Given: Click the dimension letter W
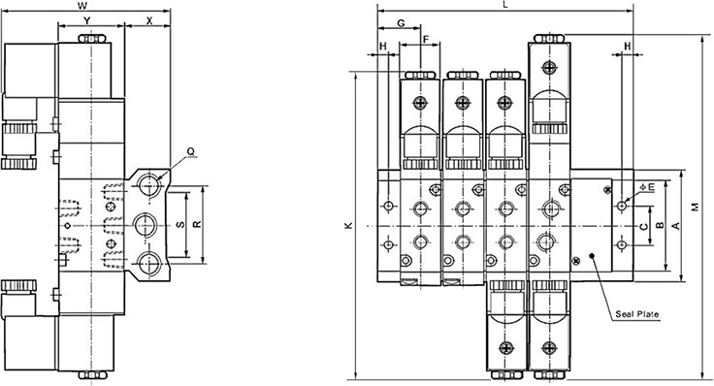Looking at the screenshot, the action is [x=81, y=6].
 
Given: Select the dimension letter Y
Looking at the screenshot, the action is [x=88, y=20].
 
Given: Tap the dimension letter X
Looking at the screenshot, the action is [x=149, y=20].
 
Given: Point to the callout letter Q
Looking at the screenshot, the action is [x=191, y=152].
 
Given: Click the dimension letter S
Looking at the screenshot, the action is [x=180, y=224].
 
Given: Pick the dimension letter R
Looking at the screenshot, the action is [x=197, y=224].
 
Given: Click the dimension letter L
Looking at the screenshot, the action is [x=505, y=5].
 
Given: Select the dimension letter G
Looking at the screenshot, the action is [x=402, y=23].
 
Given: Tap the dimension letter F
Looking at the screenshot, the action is [x=426, y=40].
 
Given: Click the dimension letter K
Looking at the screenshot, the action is [x=349, y=225].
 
